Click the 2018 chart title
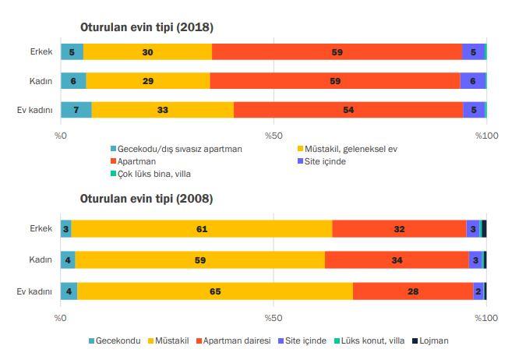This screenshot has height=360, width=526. pyautogui.click(x=147, y=27)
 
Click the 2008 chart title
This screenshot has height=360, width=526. pyautogui.click(x=147, y=199)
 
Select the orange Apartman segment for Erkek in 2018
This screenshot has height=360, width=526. pyautogui.click(x=337, y=52)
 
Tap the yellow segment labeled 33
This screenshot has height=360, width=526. pyautogui.click(x=162, y=110)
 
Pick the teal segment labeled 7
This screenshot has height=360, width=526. pyautogui.click(x=76, y=110)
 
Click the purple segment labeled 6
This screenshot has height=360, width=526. pyautogui.click(x=473, y=81)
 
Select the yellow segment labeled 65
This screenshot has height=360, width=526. pyautogui.click(x=215, y=291)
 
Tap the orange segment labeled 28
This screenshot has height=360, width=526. pyautogui.click(x=413, y=291)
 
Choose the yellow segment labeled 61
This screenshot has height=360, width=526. pyautogui.click(x=202, y=228)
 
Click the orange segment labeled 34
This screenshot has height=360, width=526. pyautogui.click(x=397, y=259)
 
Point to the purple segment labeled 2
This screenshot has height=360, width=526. pyautogui.click(x=478, y=291)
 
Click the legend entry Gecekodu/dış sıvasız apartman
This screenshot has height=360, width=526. pyautogui.click(x=175, y=149)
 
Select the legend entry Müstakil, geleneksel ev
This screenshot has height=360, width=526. pyautogui.click(x=350, y=149)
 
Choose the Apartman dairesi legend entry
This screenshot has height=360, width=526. pyautogui.click(x=233, y=341)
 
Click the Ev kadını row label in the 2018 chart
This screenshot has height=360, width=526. pyautogui.click(x=35, y=110)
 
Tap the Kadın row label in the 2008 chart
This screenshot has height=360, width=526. pyautogui.click(x=41, y=259)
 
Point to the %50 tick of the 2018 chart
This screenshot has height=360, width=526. pyautogui.click(x=273, y=136)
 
